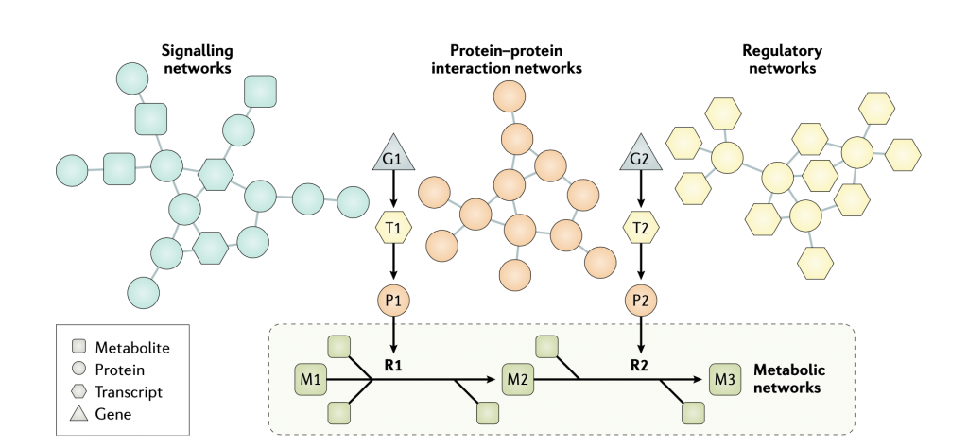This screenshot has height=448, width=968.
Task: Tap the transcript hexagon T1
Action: (392, 227)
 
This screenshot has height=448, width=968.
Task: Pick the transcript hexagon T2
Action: (641, 227)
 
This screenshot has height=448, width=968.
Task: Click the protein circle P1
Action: (392, 301)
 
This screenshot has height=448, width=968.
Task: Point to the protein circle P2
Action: (641, 301)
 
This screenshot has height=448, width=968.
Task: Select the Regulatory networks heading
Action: (781, 59)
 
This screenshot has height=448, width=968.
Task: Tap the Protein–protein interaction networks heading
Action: (512, 59)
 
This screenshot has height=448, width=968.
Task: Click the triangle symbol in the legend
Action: (80, 413)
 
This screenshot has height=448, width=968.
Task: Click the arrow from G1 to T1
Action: (392, 193)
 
